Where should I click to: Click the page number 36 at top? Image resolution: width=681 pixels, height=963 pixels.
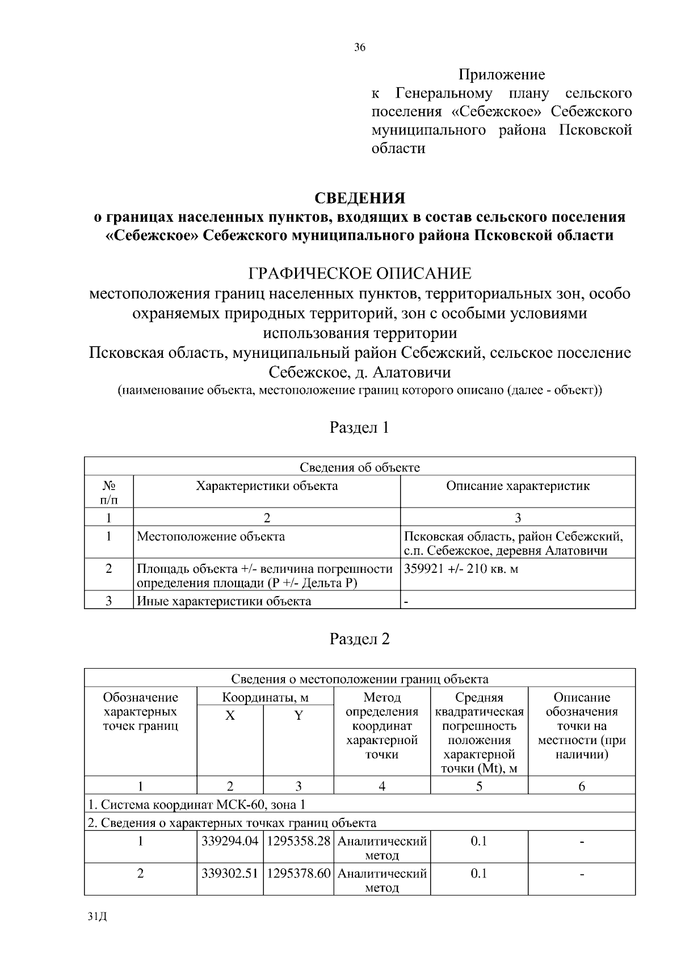(360, 48)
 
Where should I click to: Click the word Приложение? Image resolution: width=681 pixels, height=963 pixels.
(502, 75)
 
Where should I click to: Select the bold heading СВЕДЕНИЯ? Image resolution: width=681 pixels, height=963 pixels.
(360, 198)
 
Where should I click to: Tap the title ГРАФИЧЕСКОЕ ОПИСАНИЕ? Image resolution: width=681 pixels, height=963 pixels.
(360, 274)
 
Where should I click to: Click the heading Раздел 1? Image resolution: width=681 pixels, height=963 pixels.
(360, 427)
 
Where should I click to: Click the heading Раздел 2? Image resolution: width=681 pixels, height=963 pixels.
(360, 639)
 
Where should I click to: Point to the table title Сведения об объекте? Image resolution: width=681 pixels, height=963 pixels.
(360, 467)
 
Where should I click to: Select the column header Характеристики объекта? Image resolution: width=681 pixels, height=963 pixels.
(267, 486)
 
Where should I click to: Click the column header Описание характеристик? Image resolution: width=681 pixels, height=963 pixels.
(518, 486)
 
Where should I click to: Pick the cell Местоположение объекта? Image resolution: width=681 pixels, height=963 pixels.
(211, 537)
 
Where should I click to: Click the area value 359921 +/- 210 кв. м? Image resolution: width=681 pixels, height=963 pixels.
(461, 569)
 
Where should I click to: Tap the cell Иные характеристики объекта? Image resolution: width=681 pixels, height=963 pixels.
(224, 601)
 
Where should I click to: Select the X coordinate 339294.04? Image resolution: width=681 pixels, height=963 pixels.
(230, 842)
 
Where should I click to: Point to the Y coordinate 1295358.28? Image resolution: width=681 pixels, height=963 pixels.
(299, 842)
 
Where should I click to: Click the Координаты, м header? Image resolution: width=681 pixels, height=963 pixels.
(265, 698)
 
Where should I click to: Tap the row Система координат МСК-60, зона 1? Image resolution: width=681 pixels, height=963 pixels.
(196, 804)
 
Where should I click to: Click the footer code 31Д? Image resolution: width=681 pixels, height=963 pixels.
(98, 916)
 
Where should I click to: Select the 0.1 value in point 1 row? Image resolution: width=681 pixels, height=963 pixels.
(479, 842)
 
